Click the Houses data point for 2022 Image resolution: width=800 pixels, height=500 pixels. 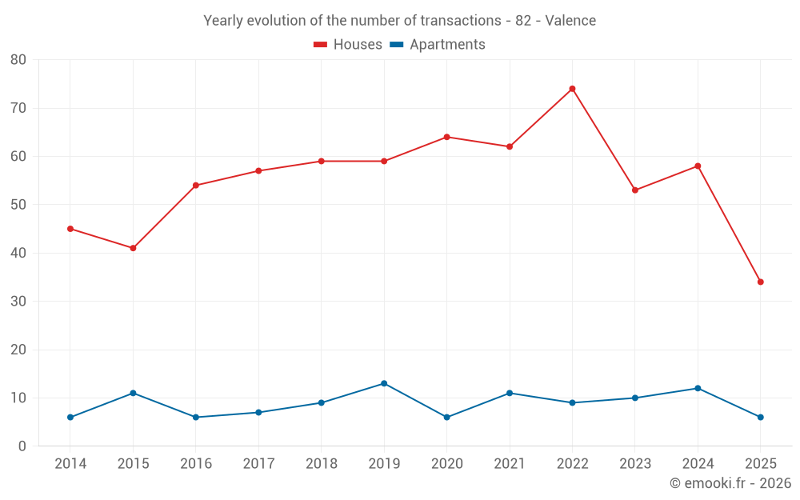pos(572,89)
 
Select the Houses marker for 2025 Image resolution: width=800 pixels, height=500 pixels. pos(760,282)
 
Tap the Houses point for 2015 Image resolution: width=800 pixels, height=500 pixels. pos(133,248)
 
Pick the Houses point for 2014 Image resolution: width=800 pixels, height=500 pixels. pos(70,229)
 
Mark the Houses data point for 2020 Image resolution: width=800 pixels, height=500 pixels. pos(446,137)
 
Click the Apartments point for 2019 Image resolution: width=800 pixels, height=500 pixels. pos(384,383)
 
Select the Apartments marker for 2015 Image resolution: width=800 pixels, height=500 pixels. pos(133,393)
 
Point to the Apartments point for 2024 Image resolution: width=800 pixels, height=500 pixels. pos(698,388)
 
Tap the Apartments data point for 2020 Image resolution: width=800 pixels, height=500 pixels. pos(446,417)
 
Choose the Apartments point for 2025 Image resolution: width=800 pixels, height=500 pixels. pos(760,417)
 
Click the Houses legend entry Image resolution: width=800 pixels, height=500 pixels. pos(348,45)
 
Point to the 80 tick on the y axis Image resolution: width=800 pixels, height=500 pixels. pos(18,60)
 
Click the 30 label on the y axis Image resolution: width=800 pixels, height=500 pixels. pos(18,302)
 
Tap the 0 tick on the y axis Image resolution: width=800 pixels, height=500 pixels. pos(22,446)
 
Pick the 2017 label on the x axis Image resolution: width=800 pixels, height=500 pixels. pos(258,464)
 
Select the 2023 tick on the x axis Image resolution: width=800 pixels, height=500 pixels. pos(634,464)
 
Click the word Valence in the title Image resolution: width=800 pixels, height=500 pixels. pos(570,21)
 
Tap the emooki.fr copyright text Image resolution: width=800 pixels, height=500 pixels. pos(730,483)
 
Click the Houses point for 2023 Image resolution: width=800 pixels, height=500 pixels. pos(634,190)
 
